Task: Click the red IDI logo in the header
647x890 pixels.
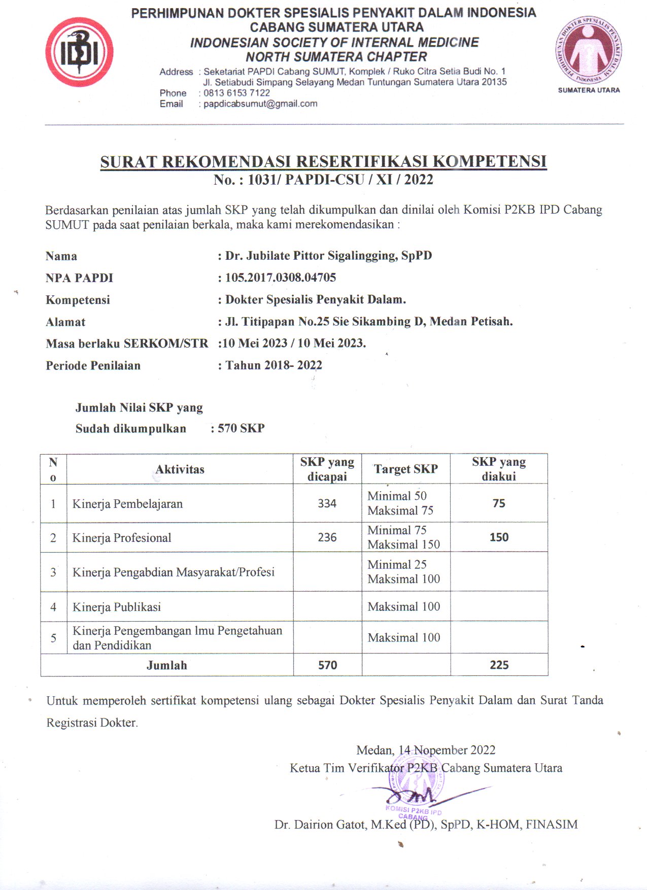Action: coord(79,52)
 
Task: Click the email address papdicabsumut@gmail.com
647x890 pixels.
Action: coord(260,104)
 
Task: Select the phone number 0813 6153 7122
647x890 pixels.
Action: coord(236,93)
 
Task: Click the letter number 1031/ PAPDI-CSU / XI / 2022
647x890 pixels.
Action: coord(340,180)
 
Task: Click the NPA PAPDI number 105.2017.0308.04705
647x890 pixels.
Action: coord(281,278)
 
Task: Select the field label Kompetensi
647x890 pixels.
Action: coord(78,300)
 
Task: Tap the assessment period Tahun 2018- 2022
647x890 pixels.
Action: coord(274,365)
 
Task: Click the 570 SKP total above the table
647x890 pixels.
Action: coord(241,428)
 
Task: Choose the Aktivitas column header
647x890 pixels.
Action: coord(180,469)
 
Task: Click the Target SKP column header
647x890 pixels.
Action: coord(405,469)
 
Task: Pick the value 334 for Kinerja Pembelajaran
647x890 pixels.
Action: coord(327,503)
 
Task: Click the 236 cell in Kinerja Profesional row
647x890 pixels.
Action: coord(327,537)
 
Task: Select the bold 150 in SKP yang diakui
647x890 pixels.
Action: coord(499,537)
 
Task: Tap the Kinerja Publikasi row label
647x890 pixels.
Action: coord(117,607)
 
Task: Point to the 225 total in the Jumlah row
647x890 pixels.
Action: coord(499,665)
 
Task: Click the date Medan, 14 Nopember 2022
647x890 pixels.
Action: coord(426,750)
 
